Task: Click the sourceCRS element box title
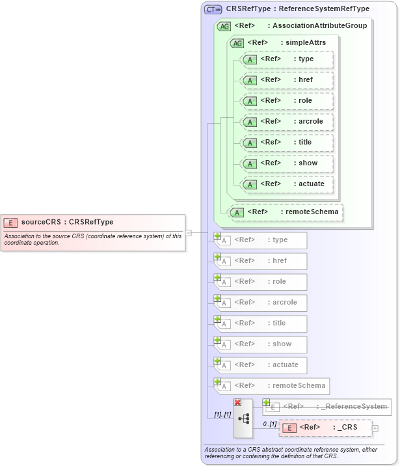pyautogui.click(x=67, y=222)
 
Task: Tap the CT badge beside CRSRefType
pyautogui.click(x=213, y=9)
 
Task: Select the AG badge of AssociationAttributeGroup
pyautogui.click(x=224, y=26)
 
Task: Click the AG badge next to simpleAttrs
pyautogui.click(x=237, y=43)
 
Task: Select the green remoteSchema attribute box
pyautogui.click(x=286, y=212)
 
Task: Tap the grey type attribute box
pyautogui.click(x=261, y=240)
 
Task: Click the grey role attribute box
pyautogui.click(x=261, y=282)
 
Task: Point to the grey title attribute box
pyautogui.click(x=261, y=323)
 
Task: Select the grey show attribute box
pyautogui.click(x=261, y=344)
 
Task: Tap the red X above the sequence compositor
pyautogui.click(x=237, y=403)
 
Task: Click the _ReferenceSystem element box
pyautogui.click(x=328, y=407)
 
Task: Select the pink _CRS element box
pyautogui.click(x=325, y=428)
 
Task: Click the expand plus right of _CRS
pyautogui.click(x=375, y=428)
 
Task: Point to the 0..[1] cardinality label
pyautogui.click(x=269, y=424)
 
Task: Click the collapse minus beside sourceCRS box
pyautogui.click(x=188, y=232)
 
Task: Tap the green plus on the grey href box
pyautogui.click(x=218, y=257)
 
